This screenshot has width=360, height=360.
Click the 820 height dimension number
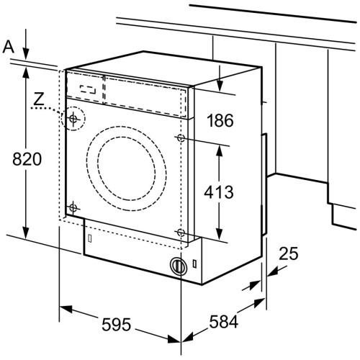click(27, 159)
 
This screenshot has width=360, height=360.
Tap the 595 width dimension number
click(117, 325)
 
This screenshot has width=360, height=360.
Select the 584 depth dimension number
click(224, 322)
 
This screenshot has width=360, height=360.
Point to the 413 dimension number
click(219, 192)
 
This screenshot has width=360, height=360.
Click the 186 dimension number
click(220, 120)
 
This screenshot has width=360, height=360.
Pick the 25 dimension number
click(289, 253)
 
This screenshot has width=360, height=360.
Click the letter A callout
click(9, 47)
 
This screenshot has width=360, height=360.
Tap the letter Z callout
click(39, 99)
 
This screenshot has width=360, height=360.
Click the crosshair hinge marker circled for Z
click(73, 118)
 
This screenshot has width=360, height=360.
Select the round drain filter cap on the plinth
click(178, 266)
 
